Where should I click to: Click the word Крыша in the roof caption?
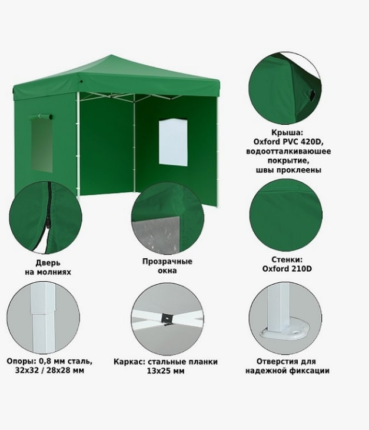point(287,132)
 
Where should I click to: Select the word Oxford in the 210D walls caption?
point(275,268)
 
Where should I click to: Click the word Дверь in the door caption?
point(48,263)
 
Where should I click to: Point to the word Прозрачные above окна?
point(167,261)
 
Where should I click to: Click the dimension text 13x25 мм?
point(166,371)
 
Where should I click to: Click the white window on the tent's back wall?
point(173,142)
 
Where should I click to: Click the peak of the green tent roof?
point(112,55)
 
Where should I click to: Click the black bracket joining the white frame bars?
point(168,319)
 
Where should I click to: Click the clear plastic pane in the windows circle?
point(156,235)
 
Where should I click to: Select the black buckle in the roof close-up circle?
point(313,95)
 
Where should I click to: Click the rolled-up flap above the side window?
point(41,116)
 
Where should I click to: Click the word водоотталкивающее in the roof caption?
point(288,151)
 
